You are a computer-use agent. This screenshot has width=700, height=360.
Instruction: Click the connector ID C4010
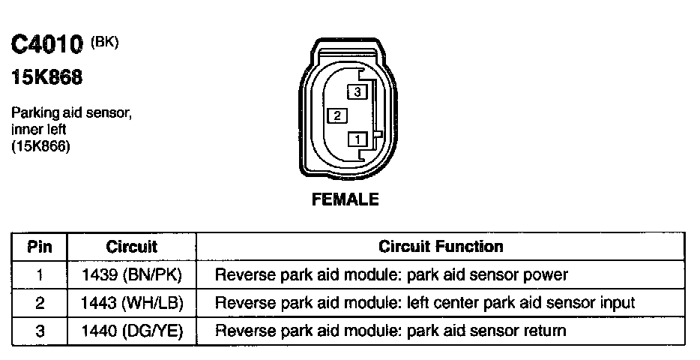click(46, 45)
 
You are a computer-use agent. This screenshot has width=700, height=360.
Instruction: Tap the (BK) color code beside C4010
click(105, 42)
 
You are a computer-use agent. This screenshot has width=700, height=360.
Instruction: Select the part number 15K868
click(46, 77)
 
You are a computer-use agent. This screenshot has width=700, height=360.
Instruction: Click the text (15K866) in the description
click(40, 147)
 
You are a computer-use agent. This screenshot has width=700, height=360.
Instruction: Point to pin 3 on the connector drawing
click(357, 92)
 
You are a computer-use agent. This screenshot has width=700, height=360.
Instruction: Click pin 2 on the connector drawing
click(337, 115)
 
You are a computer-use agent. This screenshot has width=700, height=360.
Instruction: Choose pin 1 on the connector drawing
click(357, 139)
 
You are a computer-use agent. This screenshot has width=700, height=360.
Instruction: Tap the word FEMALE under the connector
click(346, 199)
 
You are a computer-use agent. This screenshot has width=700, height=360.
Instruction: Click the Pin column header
click(39, 247)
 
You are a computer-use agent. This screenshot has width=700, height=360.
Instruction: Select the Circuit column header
click(131, 247)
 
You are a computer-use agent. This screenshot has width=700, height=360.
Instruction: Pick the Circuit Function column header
click(441, 247)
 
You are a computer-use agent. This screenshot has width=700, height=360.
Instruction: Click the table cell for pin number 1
click(39, 274)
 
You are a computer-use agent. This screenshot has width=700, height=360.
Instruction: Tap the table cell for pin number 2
click(39, 303)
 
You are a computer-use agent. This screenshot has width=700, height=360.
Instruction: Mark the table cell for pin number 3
click(39, 331)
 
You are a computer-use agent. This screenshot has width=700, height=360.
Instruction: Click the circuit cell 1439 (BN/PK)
click(131, 274)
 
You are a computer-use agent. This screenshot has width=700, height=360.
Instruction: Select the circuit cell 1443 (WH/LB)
click(131, 303)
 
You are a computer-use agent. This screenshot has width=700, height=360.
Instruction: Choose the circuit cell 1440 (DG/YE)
click(131, 331)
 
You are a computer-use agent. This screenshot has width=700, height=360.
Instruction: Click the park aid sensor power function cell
click(391, 274)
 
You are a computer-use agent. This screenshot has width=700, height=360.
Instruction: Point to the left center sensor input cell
click(425, 303)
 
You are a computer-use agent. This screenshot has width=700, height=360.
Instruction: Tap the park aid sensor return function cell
click(390, 331)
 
